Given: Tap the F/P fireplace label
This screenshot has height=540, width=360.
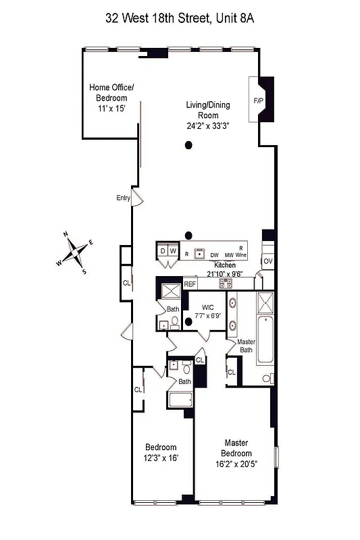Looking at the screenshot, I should tap(258, 101).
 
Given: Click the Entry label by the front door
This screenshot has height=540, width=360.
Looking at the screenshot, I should tap(123, 198).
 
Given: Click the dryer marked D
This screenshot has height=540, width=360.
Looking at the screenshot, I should tap(162, 251).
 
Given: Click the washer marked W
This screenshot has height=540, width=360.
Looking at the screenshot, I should tap(173, 251).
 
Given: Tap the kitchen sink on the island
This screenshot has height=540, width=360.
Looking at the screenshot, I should tap(199, 254).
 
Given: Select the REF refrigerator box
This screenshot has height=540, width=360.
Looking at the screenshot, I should tap(190, 284).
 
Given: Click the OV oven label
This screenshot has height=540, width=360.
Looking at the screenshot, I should tap(268, 261).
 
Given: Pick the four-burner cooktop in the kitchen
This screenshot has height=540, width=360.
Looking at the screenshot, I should tap(225, 283).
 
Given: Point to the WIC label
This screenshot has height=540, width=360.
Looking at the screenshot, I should tap(207, 307).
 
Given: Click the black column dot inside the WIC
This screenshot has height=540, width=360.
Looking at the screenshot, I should tap(189, 321).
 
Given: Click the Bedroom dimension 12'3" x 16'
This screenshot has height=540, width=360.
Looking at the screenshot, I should tap(161, 458).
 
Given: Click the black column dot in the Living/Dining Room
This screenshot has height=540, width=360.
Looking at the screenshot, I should tap(189, 144).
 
